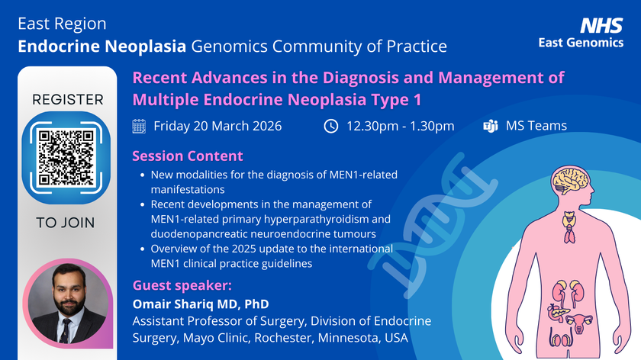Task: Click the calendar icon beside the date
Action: click(139, 126)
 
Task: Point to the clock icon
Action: click(330, 126)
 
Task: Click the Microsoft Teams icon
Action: click(491, 126)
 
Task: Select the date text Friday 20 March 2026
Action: click(217, 126)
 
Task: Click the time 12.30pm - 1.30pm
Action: click(400, 126)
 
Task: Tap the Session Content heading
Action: click(188, 156)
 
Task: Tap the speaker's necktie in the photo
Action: click(66, 328)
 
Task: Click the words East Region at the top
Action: click(62, 24)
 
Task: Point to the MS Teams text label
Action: click(536, 126)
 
